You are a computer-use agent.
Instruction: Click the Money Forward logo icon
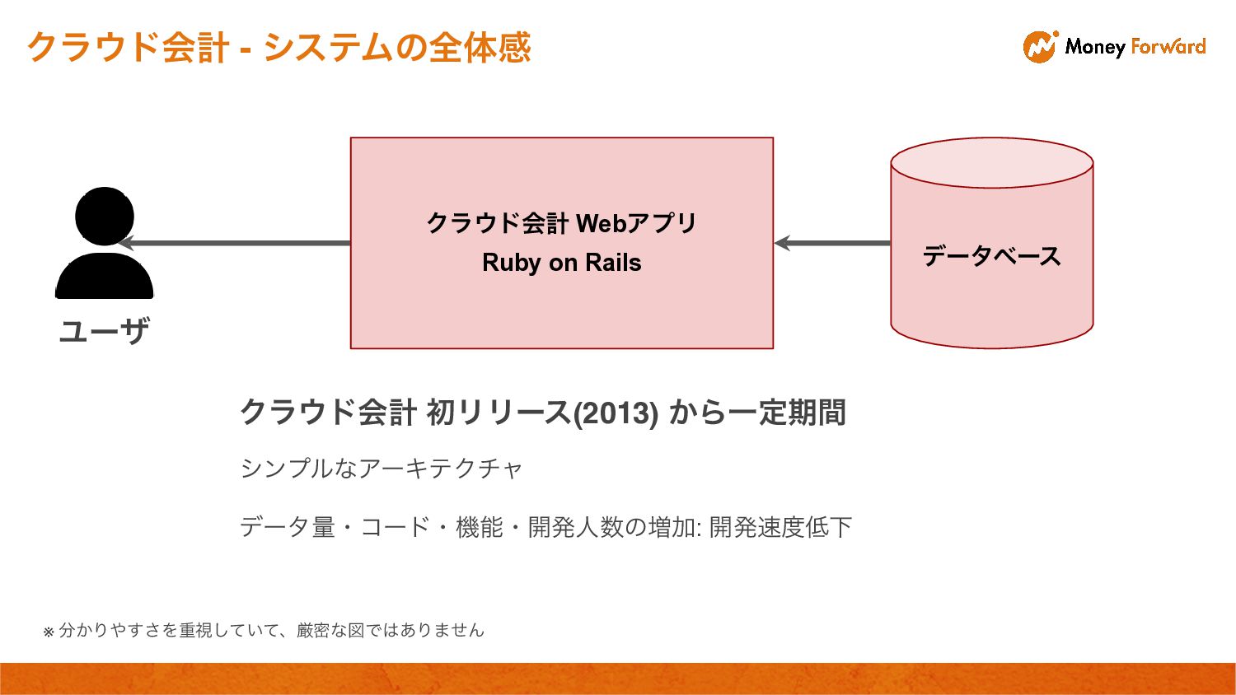pos(1040,47)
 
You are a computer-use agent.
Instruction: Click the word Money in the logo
pos(1095,47)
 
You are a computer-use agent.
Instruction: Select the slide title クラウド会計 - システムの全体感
pos(279,48)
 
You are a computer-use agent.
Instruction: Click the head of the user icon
pos(105,216)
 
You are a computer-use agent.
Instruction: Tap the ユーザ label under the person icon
pos(105,331)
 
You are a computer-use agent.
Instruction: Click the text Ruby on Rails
pos(562,263)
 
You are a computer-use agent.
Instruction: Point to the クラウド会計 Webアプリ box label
pos(562,223)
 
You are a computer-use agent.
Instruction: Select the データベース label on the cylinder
pos(991,256)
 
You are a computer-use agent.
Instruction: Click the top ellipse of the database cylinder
pos(991,162)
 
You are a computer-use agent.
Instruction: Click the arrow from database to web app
pos(832,243)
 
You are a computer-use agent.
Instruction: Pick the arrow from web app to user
pos(235,243)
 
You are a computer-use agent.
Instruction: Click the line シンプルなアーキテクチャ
pos(382,469)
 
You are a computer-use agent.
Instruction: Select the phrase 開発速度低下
pos(780,527)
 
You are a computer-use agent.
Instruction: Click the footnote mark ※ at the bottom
pos(48,632)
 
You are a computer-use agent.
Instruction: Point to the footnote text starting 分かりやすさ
pos(272,630)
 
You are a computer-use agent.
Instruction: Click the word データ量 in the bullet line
pos(287,527)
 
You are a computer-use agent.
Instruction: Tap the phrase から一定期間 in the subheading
pos(757,413)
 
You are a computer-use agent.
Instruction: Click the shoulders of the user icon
pos(105,278)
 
